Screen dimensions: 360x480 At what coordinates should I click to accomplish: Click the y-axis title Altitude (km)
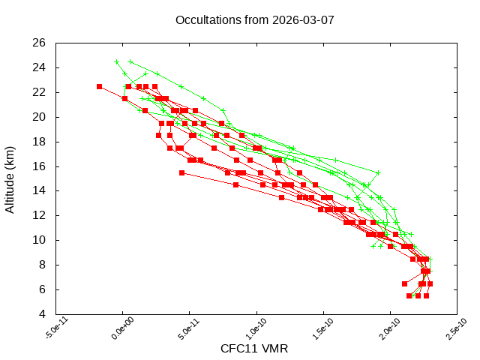[10, 178]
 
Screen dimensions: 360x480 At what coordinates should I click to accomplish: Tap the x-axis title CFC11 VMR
[254, 349]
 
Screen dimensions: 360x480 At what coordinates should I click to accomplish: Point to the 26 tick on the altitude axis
[40, 43]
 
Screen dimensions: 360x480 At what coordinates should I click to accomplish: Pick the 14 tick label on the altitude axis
[40, 190]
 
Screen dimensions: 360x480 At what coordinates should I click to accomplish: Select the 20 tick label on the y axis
[40, 117]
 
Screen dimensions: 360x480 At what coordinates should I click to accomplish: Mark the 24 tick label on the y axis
[40, 67]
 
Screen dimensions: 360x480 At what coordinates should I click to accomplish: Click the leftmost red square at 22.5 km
[99, 86]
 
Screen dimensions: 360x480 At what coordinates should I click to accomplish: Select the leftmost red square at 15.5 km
[181, 172]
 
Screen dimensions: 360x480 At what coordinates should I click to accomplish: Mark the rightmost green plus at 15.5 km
[378, 172]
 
